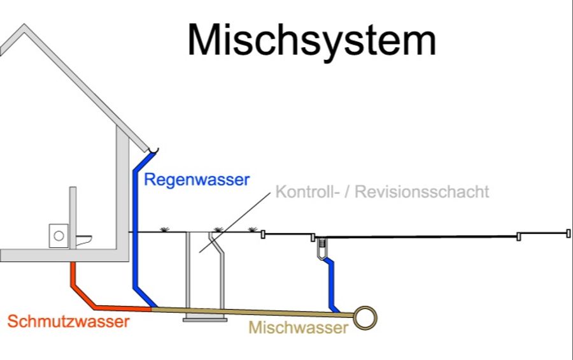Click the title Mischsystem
(312, 40)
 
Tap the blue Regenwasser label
(197, 180)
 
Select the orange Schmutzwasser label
(68, 322)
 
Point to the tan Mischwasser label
(298, 328)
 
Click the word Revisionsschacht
(421, 192)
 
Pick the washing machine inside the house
(59, 236)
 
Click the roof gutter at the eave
(152, 150)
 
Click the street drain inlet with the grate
(323, 244)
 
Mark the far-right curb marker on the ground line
(567, 234)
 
